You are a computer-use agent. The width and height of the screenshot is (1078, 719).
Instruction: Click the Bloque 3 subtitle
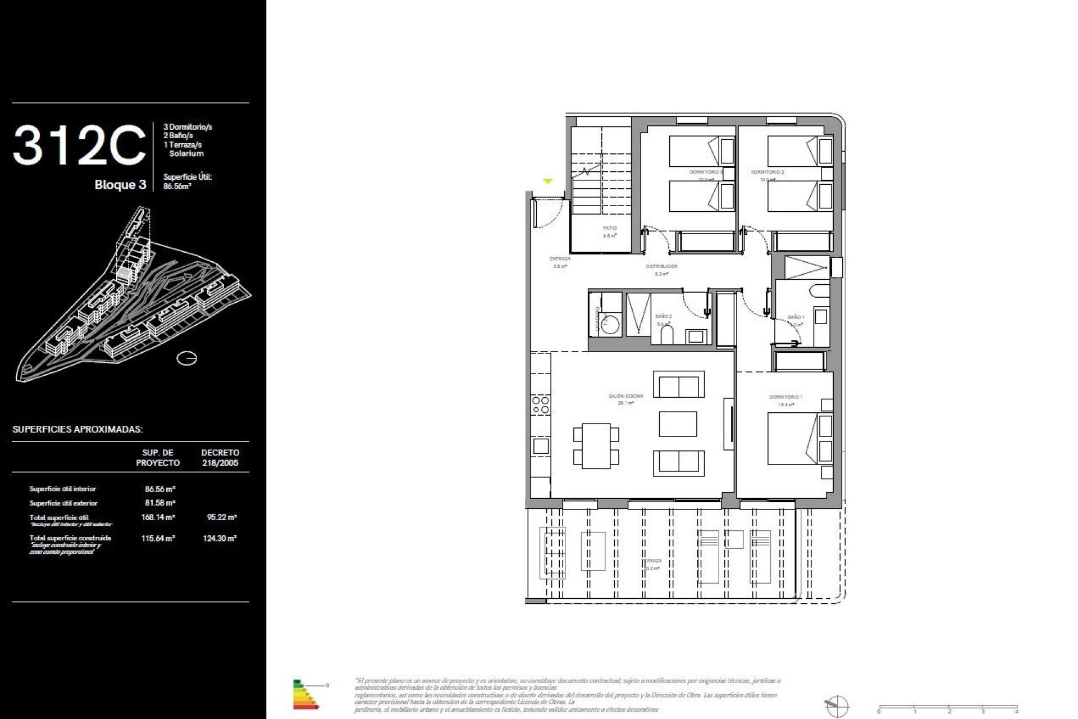(x=120, y=185)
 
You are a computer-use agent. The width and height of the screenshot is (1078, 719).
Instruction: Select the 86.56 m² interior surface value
(x=160, y=489)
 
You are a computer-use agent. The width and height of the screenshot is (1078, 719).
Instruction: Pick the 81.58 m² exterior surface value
(x=160, y=503)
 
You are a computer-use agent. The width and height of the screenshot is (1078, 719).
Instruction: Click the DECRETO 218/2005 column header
(x=220, y=458)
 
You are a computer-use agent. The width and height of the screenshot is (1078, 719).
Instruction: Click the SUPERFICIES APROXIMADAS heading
(x=77, y=429)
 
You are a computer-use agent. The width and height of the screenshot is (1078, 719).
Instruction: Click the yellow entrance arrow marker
(x=548, y=181)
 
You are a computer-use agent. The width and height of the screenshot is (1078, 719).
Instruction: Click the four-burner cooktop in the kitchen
(x=541, y=405)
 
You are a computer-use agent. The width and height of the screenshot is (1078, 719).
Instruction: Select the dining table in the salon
(x=596, y=446)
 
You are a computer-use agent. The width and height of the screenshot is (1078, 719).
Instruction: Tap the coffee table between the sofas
(x=678, y=424)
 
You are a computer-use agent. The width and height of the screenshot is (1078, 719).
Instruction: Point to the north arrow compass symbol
(x=836, y=706)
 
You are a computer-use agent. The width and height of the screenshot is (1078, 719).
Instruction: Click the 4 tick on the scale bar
(x=1017, y=709)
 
